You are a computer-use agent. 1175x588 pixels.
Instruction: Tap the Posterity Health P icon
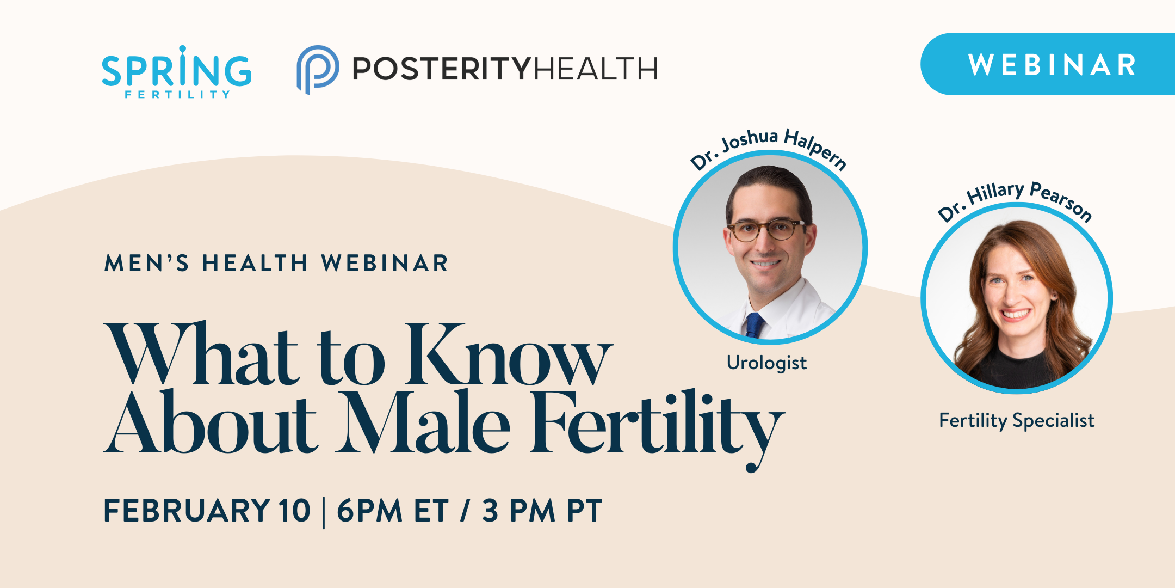point(317,69)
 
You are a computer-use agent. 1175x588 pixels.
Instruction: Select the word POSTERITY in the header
point(441,69)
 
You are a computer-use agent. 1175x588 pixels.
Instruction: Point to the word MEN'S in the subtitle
point(146,264)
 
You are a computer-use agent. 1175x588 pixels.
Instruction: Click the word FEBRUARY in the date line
point(187,511)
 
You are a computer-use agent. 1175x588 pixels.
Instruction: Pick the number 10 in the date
point(294,511)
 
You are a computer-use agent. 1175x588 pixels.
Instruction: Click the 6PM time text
point(369,511)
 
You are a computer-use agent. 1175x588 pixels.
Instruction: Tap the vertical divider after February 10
point(324,512)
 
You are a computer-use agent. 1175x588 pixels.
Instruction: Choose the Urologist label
point(766,363)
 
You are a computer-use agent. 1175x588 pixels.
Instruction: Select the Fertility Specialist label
point(1016,420)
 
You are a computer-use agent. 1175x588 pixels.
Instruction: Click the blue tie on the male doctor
point(755,324)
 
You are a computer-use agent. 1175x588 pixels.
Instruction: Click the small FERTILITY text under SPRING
point(177,95)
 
